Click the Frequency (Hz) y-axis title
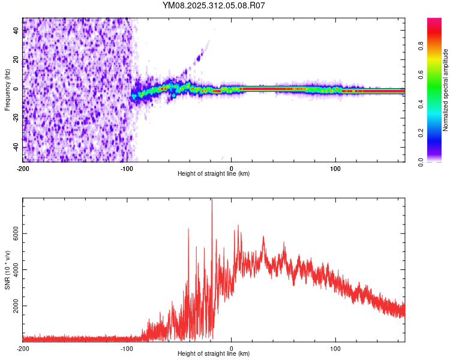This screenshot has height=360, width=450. [8, 89]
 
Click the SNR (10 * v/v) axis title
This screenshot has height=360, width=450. [8, 270]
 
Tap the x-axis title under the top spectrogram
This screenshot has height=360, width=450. [214, 173]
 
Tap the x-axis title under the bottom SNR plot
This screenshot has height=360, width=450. [214, 353]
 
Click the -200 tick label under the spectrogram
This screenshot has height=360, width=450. [23, 167]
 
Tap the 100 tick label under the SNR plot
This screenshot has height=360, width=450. [336, 347]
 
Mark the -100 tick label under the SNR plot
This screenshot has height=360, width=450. [127, 347]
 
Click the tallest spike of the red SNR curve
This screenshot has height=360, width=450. [211, 200]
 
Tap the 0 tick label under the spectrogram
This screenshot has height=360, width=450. [232, 167]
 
